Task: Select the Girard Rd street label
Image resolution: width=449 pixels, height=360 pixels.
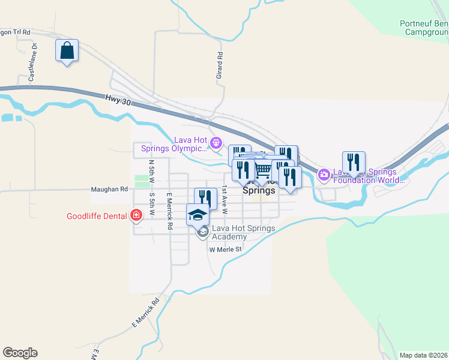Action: coord(220,65)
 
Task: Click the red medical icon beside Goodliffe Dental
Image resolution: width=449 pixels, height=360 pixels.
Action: coord(136,215)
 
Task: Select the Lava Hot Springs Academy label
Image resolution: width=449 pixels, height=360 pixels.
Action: coord(243,232)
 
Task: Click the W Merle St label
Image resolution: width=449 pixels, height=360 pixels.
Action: coord(225,250)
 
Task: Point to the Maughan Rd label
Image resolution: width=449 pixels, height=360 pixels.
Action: coord(109,189)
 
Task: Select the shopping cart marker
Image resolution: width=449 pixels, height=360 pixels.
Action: coord(262,171)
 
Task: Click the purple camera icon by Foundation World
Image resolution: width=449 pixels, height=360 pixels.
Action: coord(324,174)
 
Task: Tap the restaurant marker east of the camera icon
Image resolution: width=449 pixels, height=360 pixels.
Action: coord(354,162)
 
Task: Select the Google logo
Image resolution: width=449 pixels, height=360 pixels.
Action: coord(20,353)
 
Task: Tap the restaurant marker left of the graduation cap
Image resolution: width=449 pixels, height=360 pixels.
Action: coord(205,199)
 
